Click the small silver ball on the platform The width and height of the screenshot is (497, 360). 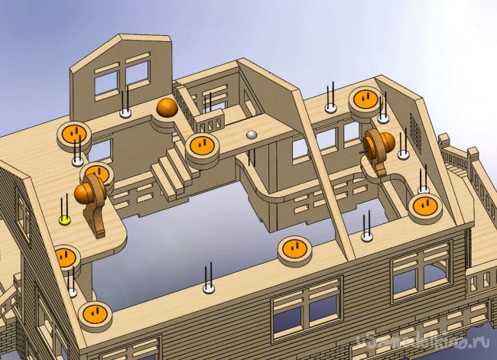point(252,135)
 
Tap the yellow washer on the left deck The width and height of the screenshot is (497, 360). point(65,219)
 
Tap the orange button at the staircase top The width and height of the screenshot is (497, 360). point(202,144)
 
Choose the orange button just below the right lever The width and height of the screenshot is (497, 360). point(422,205)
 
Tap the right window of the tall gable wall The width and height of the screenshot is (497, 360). point(137,73)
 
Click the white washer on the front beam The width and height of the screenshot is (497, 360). point(208,289)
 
